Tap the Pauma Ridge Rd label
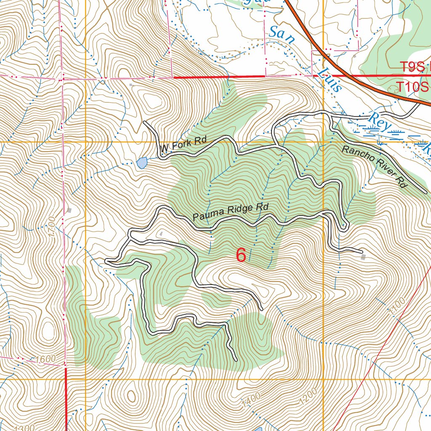[x=231, y=212]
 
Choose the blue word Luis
[x=331, y=80]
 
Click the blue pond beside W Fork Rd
[x=142, y=162]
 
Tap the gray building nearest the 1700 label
[x=69, y=210]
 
